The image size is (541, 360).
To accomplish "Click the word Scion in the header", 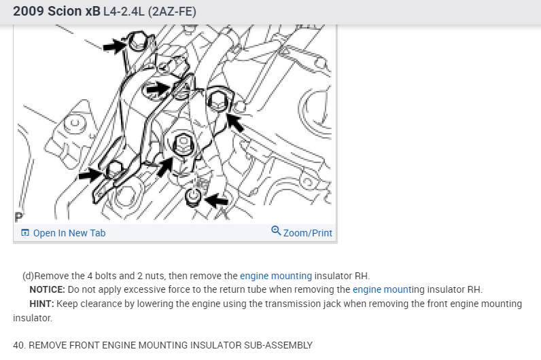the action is [x=65, y=11].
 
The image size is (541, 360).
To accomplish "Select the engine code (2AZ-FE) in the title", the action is [x=172, y=12].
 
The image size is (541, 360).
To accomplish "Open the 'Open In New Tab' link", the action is [x=69, y=233].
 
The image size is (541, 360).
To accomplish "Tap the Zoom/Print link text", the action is [x=308, y=233].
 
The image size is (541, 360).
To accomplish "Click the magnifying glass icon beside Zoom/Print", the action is [x=276, y=231].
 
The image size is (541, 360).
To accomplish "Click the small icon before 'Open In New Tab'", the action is [x=25, y=233].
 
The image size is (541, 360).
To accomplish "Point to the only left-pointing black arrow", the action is [x=217, y=200].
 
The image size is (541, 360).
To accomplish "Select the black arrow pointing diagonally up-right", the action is [x=165, y=167].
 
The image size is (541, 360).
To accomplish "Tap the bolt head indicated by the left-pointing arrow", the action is [x=193, y=196].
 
